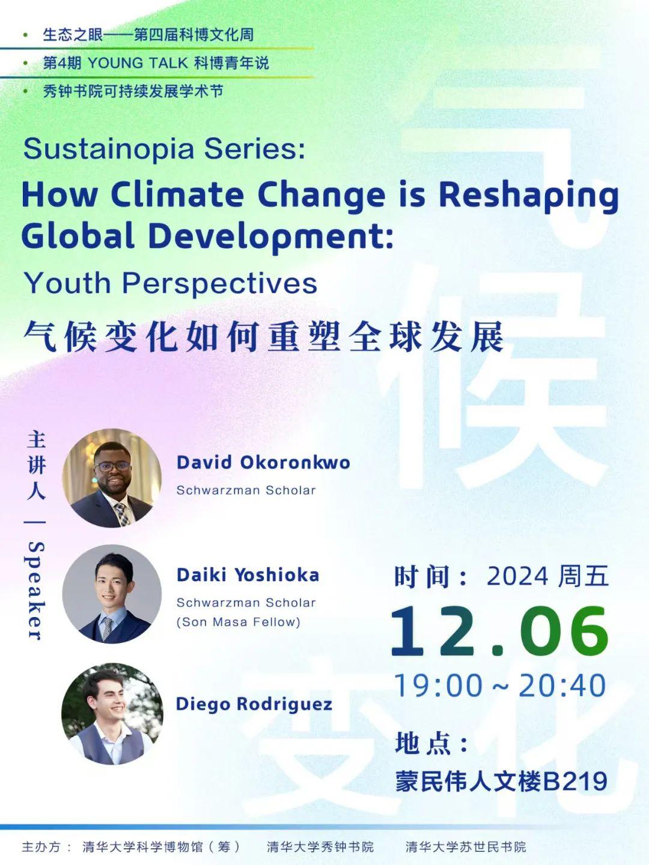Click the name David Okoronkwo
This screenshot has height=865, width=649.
point(263,462)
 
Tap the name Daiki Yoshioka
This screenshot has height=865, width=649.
point(248,575)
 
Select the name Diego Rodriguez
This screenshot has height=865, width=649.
point(254,704)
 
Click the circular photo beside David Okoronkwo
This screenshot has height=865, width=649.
point(112,478)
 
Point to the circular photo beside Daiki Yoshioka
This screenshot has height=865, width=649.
point(112,594)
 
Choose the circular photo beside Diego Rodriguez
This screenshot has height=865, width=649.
point(112,713)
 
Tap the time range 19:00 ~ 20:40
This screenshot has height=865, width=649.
point(500,686)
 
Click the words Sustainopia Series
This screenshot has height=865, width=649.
point(163,149)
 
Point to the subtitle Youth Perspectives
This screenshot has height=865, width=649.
point(171,284)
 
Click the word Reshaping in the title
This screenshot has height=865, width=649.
point(529,196)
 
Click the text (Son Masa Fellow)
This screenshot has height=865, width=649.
point(239,622)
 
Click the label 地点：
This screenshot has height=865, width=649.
point(432,743)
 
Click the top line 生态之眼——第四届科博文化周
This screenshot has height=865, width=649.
point(148,35)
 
